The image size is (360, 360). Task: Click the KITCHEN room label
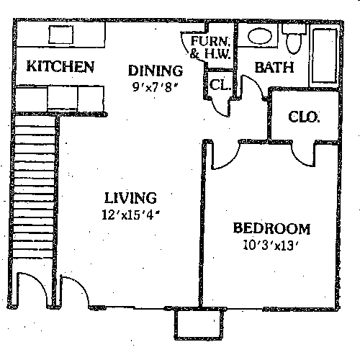60,67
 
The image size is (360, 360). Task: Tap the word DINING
155,71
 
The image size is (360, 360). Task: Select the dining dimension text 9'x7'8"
154,88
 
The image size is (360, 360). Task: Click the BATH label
274,68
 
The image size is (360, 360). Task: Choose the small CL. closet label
220,84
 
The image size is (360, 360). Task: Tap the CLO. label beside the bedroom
304,116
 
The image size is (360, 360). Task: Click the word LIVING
130,197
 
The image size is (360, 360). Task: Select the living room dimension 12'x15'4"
130,214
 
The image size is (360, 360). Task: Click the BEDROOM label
271,229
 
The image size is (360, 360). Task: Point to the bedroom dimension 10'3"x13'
271,245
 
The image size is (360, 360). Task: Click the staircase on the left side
34,194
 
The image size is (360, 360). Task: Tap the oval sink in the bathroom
258,36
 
